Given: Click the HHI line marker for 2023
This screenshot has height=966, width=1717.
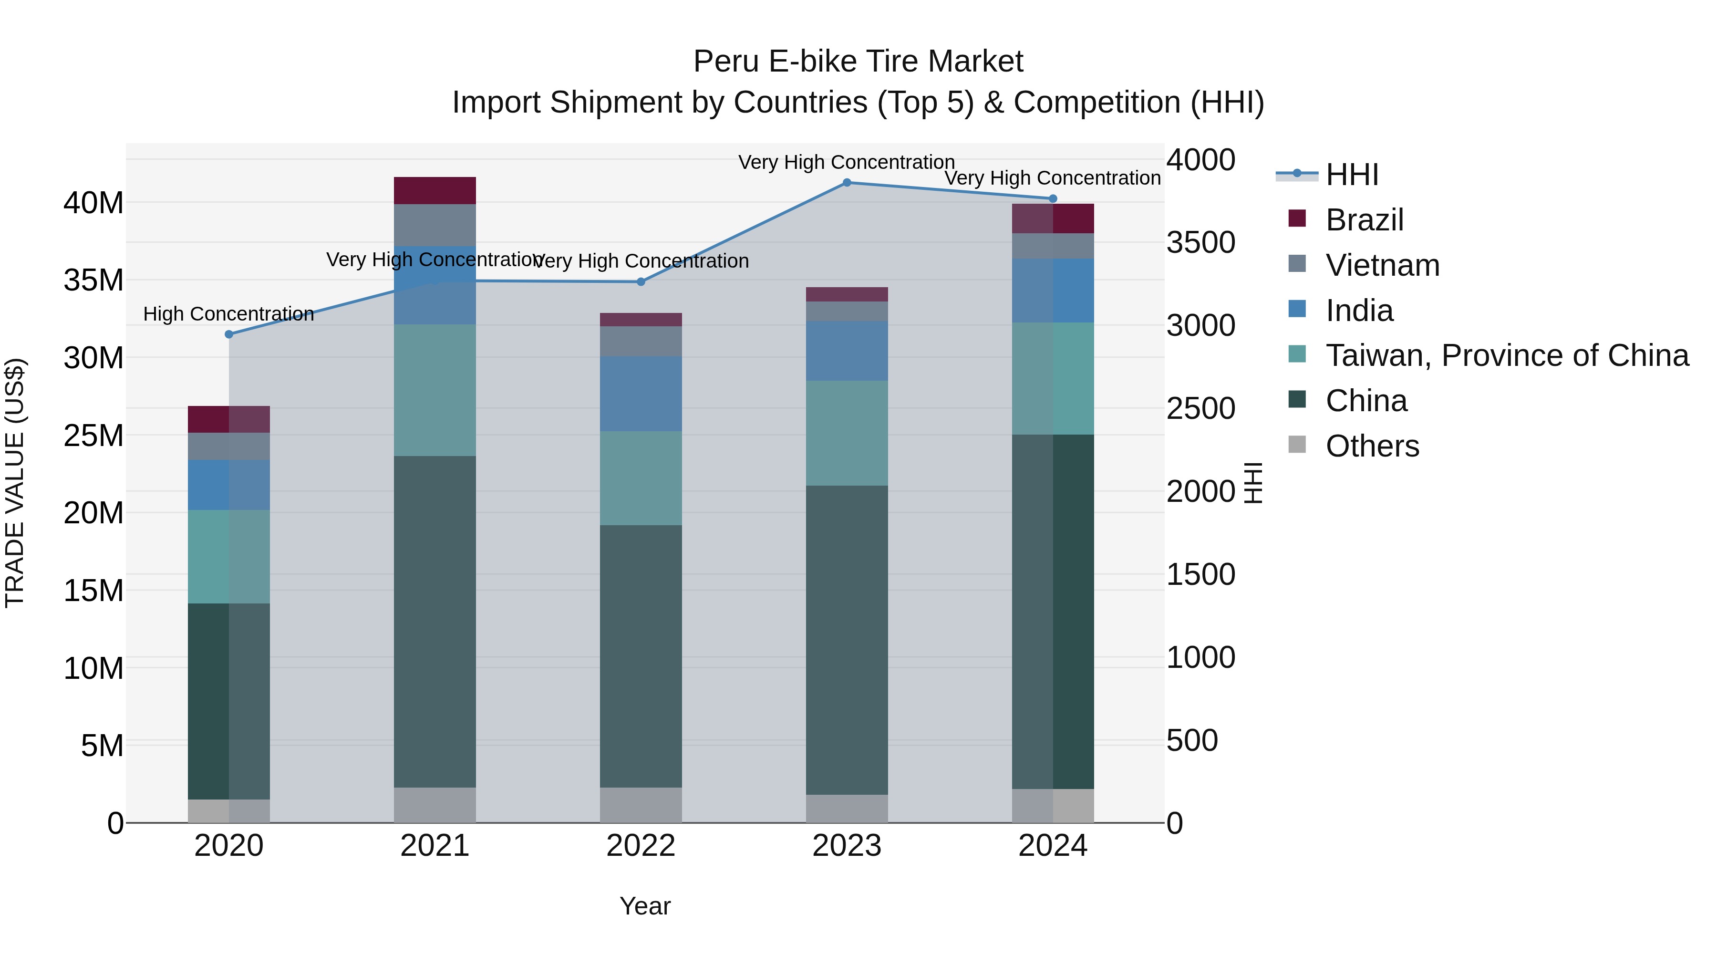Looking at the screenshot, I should pos(847,183).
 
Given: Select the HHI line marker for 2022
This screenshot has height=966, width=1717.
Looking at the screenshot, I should pos(641,282).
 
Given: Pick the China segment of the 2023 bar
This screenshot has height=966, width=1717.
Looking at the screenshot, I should pos(847,640).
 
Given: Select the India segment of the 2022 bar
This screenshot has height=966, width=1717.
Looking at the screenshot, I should pos(641,394).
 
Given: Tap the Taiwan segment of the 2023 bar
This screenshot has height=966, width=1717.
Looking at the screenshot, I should pos(847,433).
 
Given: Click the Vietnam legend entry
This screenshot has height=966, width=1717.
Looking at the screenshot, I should pos(1382,265).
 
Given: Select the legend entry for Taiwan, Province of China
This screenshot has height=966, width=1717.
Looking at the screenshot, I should pos(1506,355).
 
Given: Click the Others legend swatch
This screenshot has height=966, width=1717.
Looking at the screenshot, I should pos(1297,445).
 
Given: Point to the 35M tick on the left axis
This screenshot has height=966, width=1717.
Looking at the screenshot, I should pos(93,280).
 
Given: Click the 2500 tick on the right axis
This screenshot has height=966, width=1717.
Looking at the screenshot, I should pos(1200,409).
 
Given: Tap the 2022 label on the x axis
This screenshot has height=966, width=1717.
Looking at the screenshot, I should pos(641,846).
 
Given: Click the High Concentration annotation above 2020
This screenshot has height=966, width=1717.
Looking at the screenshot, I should pos(228,314).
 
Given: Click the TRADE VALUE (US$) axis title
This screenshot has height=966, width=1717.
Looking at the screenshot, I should pos(15,483).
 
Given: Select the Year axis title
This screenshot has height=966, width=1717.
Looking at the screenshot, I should pos(644,906).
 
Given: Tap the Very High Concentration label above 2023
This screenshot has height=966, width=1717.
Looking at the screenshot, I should pos(847,162).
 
